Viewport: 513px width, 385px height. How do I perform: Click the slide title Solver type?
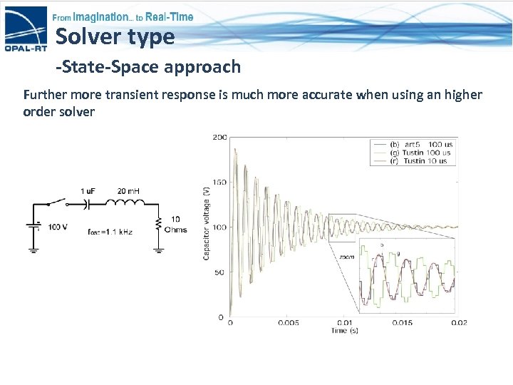point(115,36)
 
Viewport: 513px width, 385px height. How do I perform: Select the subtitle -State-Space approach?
point(148,67)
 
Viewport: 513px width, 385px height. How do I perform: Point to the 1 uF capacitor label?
point(89,190)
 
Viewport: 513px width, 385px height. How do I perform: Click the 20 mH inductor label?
point(128,190)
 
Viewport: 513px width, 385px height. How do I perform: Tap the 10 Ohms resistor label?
point(175,224)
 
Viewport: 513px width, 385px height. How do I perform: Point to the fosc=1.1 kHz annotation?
point(110,232)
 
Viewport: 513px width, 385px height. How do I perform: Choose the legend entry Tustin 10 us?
point(425,161)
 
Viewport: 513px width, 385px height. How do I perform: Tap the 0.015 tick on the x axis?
point(402,323)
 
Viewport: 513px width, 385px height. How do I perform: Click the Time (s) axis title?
point(343,331)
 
